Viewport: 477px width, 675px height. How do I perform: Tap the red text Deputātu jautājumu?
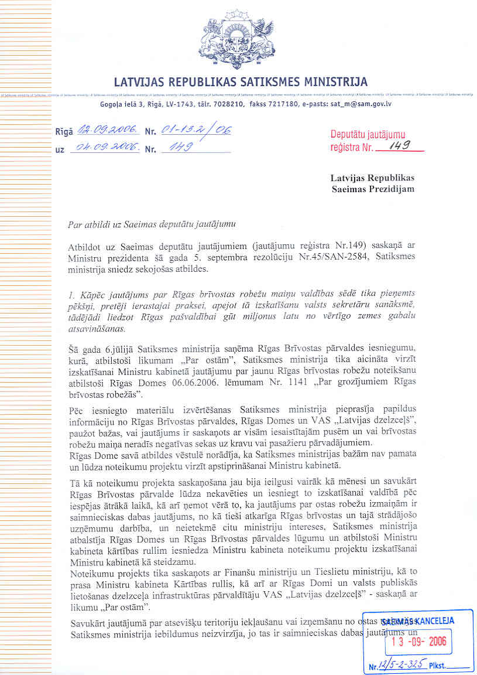tap(368, 135)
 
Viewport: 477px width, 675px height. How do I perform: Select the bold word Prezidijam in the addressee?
tap(390, 189)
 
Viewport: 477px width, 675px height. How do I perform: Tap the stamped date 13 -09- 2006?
tap(418, 641)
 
